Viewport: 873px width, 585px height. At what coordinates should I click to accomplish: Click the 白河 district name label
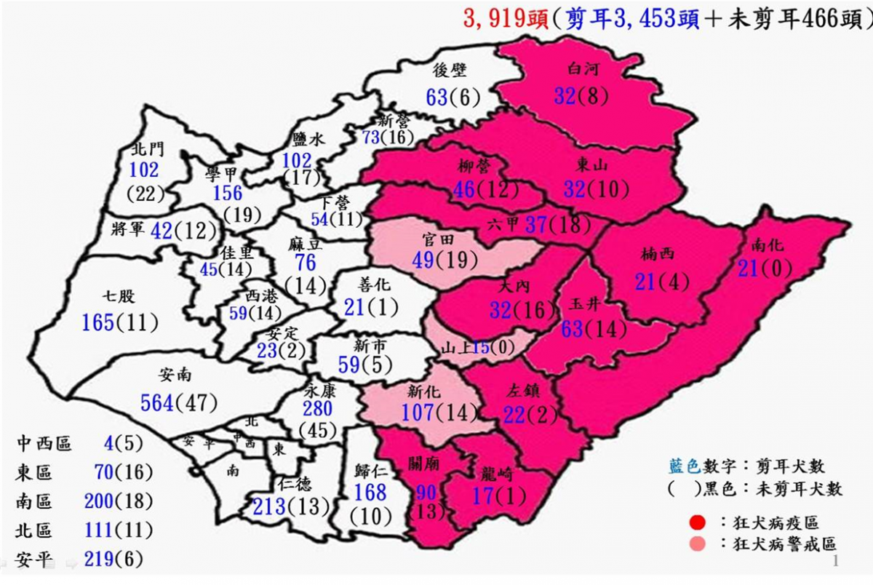(582, 70)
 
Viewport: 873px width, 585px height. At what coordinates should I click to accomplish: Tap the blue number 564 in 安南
(158, 402)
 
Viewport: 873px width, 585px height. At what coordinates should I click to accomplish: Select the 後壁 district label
(449, 69)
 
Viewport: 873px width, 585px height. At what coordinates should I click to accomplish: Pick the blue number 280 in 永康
(318, 408)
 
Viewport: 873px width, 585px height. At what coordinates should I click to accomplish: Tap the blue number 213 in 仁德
(269, 506)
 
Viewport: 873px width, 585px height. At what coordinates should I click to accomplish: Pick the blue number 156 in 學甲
(228, 191)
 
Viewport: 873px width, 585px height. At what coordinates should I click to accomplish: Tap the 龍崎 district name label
(497, 476)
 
